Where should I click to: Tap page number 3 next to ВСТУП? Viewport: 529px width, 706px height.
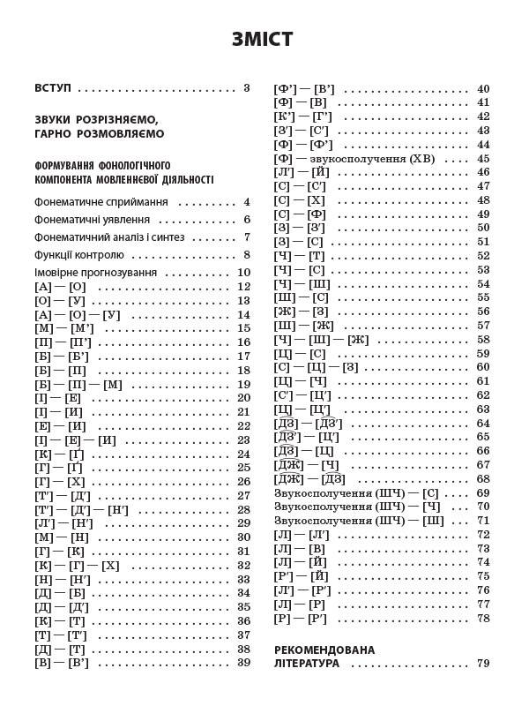(x=248, y=88)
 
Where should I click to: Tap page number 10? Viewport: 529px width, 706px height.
(x=244, y=273)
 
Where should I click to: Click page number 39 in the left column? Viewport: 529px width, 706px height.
(x=244, y=664)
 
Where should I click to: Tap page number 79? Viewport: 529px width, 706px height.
(x=482, y=664)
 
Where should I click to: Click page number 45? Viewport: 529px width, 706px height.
(x=482, y=172)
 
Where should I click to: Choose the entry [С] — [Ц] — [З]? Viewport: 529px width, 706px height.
(x=317, y=367)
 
